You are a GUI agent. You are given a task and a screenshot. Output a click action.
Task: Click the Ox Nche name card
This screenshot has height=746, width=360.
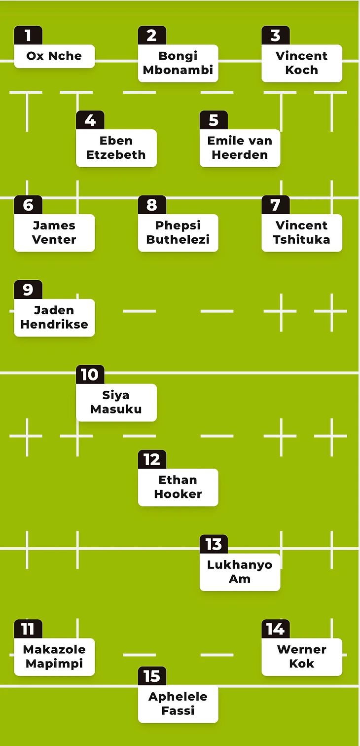coord(54,56)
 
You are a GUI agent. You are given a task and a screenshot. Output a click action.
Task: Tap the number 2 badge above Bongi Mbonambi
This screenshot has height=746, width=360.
coord(151,36)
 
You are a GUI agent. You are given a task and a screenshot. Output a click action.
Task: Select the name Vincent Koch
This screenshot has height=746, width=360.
coord(301,63)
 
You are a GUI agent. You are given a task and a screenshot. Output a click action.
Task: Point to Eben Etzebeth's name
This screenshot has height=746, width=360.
coord(116,148)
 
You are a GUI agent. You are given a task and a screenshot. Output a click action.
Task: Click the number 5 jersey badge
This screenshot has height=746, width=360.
coord(213,120)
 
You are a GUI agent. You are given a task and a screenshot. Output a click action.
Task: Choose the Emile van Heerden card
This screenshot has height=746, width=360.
coord(240,148)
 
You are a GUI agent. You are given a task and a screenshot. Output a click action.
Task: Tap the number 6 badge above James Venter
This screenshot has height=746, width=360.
coord(28,205)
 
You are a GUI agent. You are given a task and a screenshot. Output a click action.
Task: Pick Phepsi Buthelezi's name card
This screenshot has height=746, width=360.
coord(178,233)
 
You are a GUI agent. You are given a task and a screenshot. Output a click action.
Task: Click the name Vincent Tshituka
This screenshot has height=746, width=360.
coord(301,233)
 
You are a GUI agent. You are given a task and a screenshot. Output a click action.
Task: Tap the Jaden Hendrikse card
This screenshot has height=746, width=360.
coord(54,318)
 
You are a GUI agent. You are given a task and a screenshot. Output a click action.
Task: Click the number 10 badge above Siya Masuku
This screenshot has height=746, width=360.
coord(90,375)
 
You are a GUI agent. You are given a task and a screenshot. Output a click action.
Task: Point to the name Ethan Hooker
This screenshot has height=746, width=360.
coord(178,487)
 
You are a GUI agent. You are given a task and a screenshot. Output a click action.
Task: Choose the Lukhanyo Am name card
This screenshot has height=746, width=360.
coord(240,572)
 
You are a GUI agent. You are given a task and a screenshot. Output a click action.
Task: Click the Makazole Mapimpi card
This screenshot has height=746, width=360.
coord(54,657)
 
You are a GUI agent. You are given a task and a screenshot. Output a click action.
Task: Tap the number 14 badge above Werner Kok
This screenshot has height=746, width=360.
coord(275,630)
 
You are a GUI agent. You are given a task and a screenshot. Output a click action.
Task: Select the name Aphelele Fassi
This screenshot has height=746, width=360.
coord(178,704)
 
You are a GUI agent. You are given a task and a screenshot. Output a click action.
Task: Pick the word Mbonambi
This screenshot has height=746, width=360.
coord(178,70)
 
